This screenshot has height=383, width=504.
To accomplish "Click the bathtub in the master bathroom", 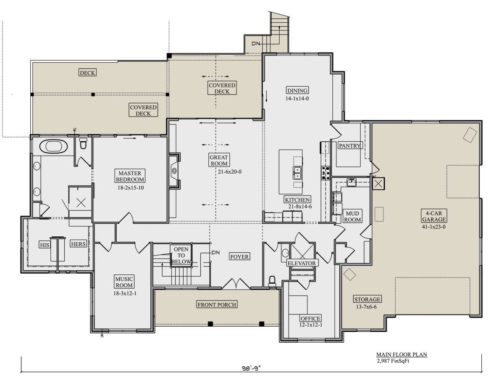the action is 53,146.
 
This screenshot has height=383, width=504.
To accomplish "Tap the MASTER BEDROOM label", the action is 130,176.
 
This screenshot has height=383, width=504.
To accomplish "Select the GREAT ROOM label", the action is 218,160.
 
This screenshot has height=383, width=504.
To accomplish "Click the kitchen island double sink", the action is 297,173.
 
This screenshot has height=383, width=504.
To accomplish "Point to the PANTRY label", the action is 349,145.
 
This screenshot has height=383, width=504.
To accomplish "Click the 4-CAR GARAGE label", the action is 434,216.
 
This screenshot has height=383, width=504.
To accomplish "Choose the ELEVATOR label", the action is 302,263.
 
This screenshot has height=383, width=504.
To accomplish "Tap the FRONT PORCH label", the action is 217,305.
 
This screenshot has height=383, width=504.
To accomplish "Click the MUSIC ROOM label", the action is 124,282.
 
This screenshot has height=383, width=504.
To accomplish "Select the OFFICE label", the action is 310,318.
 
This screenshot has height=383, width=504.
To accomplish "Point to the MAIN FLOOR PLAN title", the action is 402,354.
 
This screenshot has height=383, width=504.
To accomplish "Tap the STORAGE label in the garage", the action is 367,299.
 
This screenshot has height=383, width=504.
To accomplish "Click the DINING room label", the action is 297,90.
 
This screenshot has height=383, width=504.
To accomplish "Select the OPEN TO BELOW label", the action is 181,255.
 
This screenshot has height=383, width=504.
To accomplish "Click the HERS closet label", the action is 78,244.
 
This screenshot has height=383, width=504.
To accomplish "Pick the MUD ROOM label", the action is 352,217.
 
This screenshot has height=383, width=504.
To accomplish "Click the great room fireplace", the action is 174,171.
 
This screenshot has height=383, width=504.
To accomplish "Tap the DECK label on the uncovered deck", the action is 87,73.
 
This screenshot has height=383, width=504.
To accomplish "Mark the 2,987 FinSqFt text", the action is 393,361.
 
